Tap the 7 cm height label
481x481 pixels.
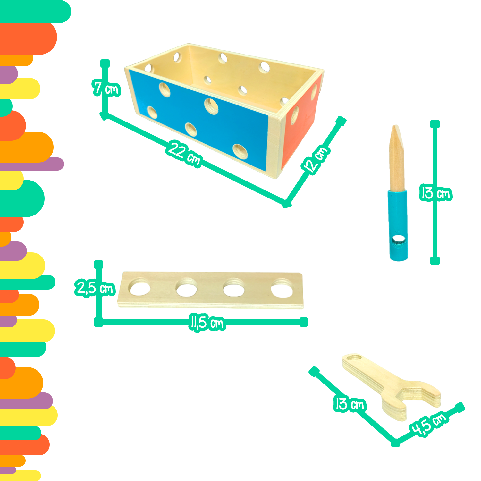pyautogui.click(x=106, y=88)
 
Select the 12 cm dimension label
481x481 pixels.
pyautogui.click(x=316, y=159)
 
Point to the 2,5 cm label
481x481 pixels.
pyautogui.click(x=95, y=288)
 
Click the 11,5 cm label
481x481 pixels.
pyautogui.click(x=207, y=323)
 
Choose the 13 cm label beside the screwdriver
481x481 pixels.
pyautogui.click(x=436, y=193)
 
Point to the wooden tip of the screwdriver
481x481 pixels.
pyautogui.click(x=397, y=157)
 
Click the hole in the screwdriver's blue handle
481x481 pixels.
pyautogui.click(x=399, y=239)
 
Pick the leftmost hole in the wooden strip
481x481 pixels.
pyautogui.click(x=140, y=287)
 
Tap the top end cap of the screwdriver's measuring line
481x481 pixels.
pyautogui.click(x=435, y=124)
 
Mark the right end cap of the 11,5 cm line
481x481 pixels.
pyautogui.click(x=304, y=322)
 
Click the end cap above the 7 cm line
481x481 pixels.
pyautogui.click(x=105, y=63)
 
